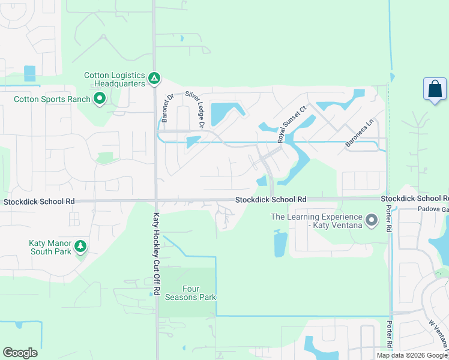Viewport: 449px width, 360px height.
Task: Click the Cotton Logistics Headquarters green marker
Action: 154,78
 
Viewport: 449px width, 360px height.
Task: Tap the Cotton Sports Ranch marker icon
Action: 100,99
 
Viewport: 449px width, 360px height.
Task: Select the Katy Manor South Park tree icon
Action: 80,245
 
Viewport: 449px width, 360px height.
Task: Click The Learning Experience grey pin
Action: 372,221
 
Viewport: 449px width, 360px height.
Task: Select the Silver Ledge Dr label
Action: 195,110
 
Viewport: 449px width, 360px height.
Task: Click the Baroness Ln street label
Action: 360,133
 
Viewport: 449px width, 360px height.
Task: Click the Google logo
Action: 20,353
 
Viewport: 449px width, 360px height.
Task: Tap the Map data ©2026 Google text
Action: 412,355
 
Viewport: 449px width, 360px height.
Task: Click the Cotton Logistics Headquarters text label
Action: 115,79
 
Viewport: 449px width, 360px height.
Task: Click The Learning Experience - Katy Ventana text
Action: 316,221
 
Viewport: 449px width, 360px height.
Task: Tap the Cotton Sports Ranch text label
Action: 52,100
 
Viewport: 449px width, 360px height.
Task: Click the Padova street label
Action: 432,209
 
